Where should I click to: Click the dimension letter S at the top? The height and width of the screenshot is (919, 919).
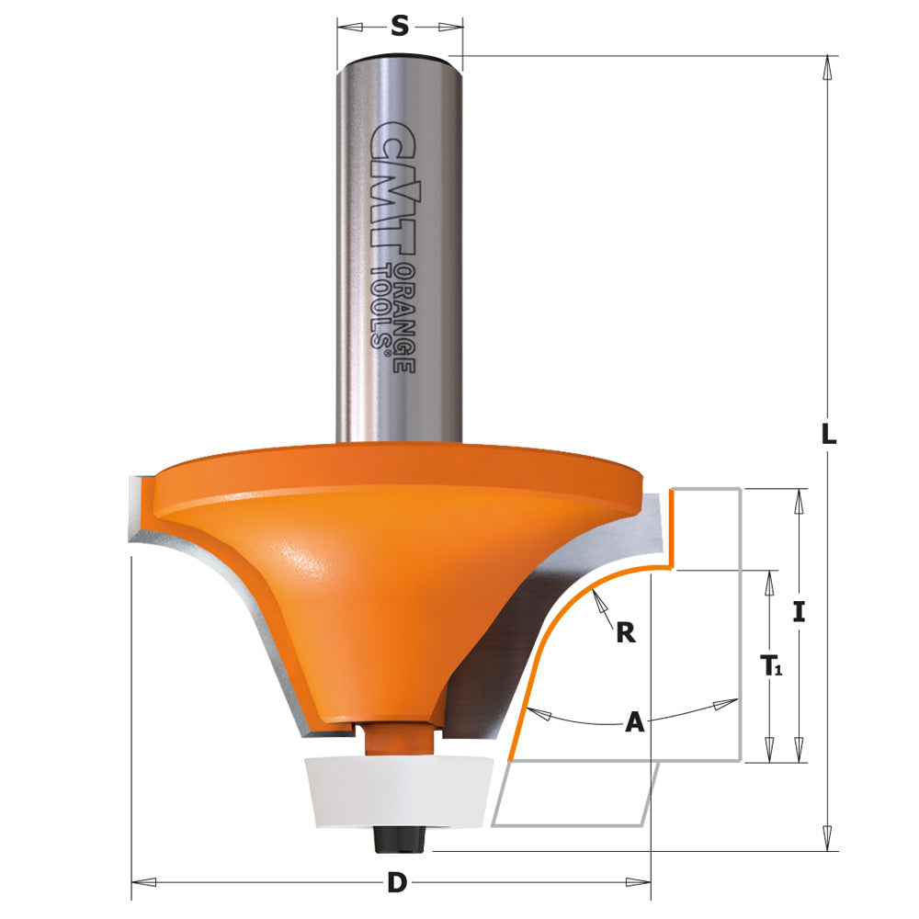tap(400, 27)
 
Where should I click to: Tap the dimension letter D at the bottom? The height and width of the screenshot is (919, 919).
tap(396, 883)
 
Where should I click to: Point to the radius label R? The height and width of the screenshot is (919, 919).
tap(625, 632)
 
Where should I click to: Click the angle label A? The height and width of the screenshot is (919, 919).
tap(634, 723)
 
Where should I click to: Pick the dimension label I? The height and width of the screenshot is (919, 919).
tap(799, 612)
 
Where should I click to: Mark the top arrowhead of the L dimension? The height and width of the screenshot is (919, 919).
tap(828, 64)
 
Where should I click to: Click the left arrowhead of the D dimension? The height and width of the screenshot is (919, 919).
tap(140, 883)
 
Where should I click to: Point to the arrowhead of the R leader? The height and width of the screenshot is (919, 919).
tap(598, 598)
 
